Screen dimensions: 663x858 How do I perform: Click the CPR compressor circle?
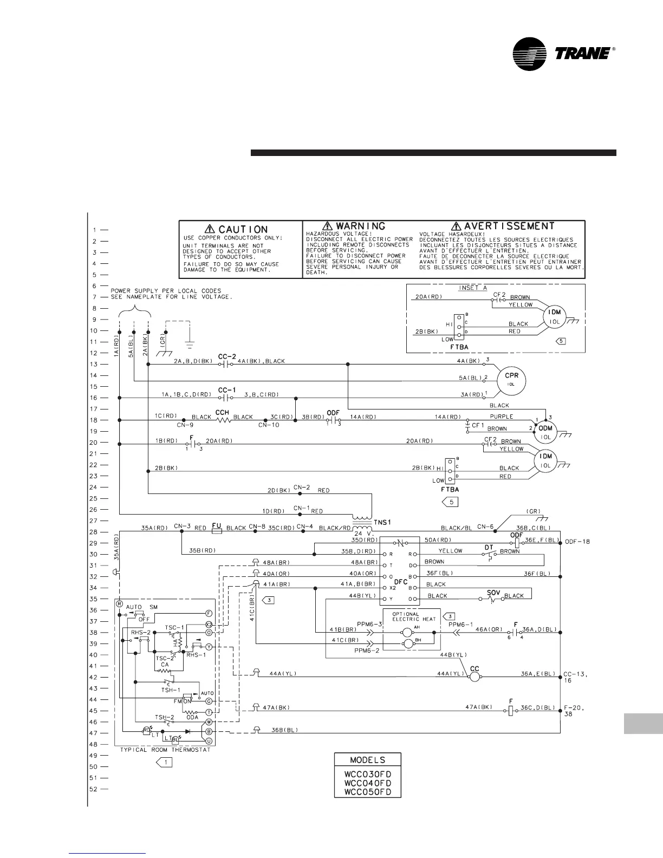(508, 377)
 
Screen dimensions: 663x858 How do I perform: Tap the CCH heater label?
(222, 412)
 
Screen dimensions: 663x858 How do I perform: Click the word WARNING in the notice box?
(361, 226)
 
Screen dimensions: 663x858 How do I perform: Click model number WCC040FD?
(368, 783)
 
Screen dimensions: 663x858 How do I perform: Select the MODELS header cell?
(368, 760)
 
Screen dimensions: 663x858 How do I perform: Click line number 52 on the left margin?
(93, 789)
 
